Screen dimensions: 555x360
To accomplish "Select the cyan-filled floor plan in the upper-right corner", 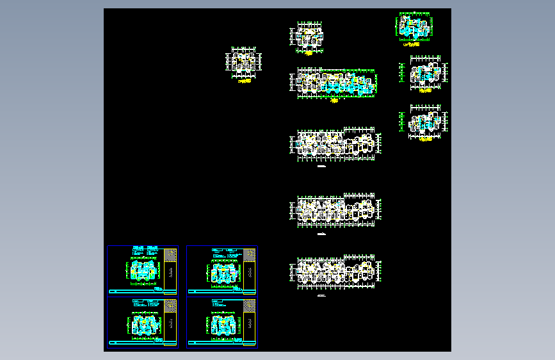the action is point(413,26).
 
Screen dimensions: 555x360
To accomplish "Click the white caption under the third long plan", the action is point(321,235).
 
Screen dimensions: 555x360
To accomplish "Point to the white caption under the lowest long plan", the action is point(321,297).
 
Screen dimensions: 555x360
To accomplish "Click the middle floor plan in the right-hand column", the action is point(425,74).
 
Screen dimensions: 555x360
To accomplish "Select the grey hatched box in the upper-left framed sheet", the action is point(170,255).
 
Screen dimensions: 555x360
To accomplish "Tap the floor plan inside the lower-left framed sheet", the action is point(143,325).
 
